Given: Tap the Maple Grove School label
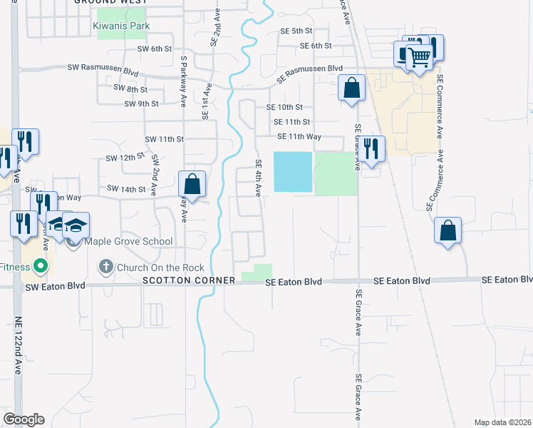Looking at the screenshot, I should click(x=128, y=241).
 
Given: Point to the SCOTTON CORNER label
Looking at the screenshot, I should click(x=189, y=281).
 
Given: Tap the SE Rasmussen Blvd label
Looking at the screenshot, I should click(x=310, y=68).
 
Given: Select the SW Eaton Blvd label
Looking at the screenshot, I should click(x=55, y=286).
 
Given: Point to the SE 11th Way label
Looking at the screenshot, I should click(x=299, y=136).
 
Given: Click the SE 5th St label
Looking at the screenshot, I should click(x=296, y=31).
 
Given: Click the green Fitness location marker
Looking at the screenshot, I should click(x=41, y=267).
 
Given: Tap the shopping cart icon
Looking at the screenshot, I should click(x=420, y=56).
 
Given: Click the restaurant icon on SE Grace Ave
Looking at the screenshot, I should click(x=371, y=148).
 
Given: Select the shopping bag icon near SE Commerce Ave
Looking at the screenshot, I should click(x=447, y=230).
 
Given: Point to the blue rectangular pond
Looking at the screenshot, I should click(x=293, y=172).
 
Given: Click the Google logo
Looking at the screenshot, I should click(x=24, y=419).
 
